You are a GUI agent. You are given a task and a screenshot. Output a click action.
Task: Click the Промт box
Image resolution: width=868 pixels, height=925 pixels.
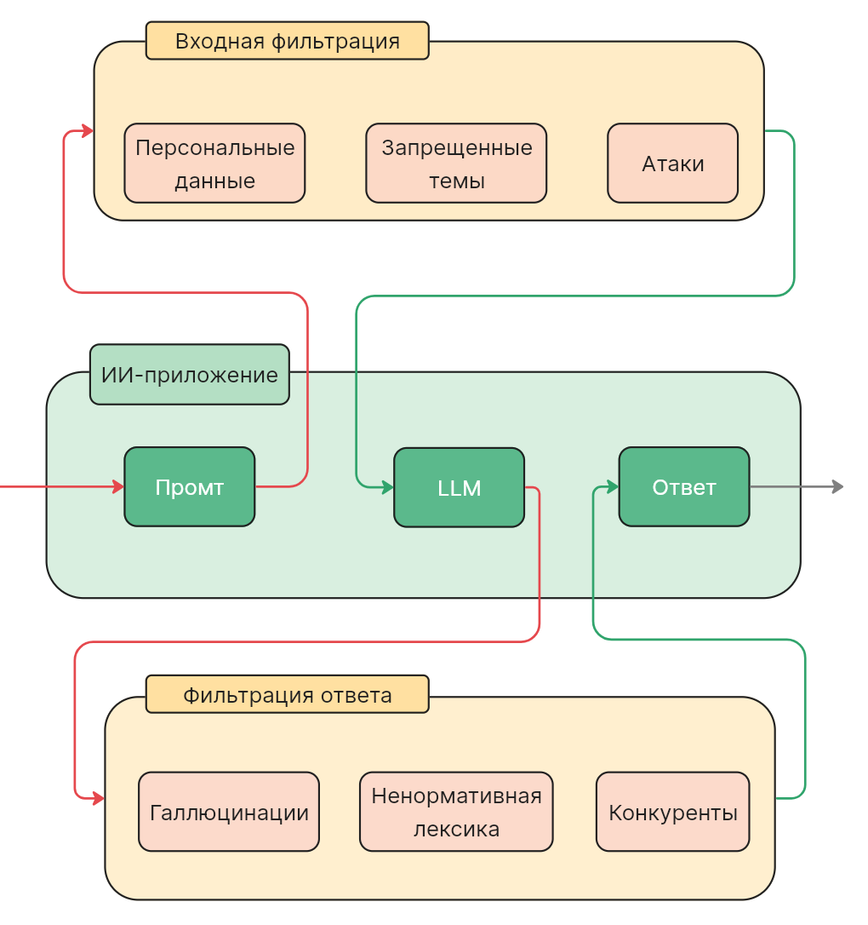coord(189,487)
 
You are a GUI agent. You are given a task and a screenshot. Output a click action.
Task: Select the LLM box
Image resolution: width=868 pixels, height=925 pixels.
coord(459,488)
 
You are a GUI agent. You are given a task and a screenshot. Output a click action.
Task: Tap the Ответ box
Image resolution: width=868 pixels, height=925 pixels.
coord(683,487)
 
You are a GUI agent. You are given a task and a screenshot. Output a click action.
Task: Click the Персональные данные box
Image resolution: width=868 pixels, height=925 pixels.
coord(214,164)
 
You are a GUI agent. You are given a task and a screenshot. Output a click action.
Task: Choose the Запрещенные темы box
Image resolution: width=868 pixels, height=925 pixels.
coord(456,164)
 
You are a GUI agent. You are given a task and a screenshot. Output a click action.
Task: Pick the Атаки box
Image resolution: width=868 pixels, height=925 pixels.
coord(672,164)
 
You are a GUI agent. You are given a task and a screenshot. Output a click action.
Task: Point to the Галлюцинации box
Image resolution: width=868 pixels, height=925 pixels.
coord(228,812)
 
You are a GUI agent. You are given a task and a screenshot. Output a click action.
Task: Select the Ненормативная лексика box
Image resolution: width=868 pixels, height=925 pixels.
coord(456,812)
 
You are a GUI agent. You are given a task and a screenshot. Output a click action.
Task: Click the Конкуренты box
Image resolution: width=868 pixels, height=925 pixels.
coord(672,812)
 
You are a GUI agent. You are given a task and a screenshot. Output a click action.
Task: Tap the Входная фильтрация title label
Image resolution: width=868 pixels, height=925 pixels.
coord(287,41)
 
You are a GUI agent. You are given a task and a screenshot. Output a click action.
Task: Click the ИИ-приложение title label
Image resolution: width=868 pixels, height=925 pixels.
coord(189,375)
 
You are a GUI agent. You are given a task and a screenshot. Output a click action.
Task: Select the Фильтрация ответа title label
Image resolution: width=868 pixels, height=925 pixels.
coord(287,695)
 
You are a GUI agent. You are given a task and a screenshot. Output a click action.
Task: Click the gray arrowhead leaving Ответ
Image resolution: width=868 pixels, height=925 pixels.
coord(838,487)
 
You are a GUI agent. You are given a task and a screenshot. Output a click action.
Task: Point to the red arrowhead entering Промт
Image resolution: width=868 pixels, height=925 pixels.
coord(118,487)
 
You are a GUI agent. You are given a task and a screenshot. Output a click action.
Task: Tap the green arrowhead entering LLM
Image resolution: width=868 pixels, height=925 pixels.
coord(388,488)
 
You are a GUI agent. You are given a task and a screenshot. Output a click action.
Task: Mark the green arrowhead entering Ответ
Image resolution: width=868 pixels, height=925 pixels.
coord(613,487)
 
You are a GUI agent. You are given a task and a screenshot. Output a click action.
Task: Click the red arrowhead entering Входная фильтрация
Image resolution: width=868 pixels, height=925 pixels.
coord(88,131)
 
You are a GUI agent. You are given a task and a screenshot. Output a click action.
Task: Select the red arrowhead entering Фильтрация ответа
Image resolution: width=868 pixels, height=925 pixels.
coord(99,799)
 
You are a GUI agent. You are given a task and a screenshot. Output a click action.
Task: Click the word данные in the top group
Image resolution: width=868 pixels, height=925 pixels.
coord(214,181)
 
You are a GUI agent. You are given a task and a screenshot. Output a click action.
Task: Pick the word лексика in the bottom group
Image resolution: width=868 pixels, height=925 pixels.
coord(456,829)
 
